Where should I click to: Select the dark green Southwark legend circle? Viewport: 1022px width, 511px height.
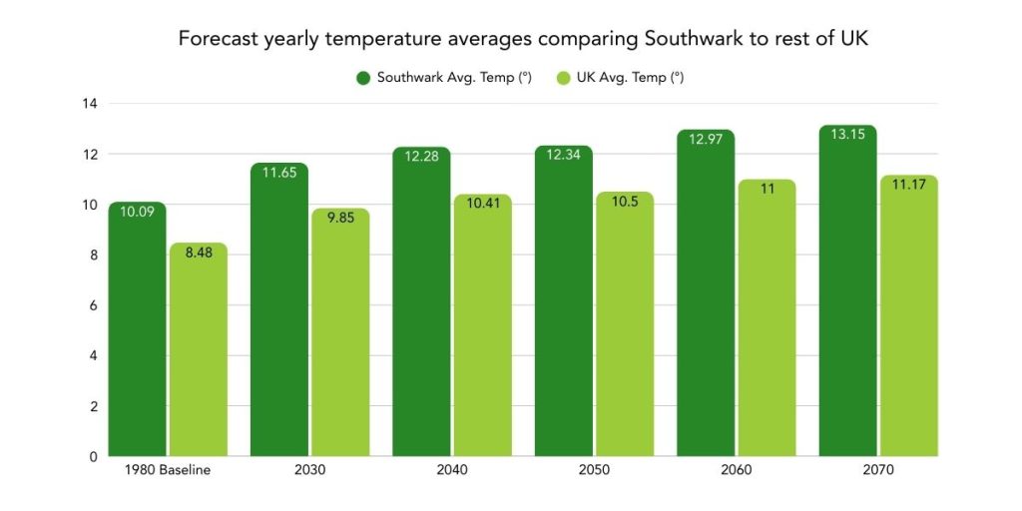tap(363, 77)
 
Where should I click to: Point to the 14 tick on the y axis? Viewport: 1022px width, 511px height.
tap(90, 103)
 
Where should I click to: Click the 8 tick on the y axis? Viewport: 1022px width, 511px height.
tap(93, 255)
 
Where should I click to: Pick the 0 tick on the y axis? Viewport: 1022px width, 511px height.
tap(93, 456)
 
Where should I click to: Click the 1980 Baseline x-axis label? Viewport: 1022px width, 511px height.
tap(168, 471)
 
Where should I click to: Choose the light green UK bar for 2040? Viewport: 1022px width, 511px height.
tap(482, 329)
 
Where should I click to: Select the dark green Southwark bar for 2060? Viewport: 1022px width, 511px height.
tap(706, 299)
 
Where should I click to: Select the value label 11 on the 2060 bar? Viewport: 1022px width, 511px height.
tap(766, 189)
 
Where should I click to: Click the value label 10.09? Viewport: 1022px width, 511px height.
tap(137, 212)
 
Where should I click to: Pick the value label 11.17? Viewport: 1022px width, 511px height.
tap(908, 185)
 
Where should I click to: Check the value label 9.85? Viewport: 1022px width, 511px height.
tap(340, 218)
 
